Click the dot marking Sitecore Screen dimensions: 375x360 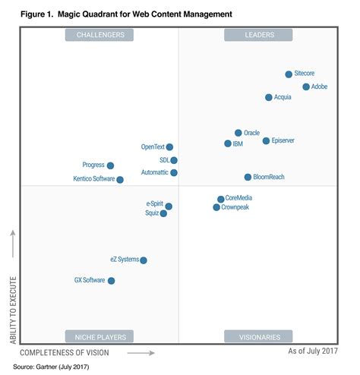tap(289, 74)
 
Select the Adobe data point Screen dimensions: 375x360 tap(306, 87)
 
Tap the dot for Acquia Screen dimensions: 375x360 tap(269, 97)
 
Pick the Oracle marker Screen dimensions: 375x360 tap(238, 133)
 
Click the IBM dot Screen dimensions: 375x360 tap(228, 143)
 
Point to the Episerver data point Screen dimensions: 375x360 tap(266, 140)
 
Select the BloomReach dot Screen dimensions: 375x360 tap(248, 177)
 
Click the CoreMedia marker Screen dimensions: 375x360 tap(221, 199)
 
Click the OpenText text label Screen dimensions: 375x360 tap(153, 147)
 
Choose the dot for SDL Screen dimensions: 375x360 tap(174, 160)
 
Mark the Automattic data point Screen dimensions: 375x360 tap(174, 173)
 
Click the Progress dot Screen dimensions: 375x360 tap(111, 165)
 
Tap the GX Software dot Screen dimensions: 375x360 tap(112, 281)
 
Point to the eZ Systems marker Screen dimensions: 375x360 tap(144, 260)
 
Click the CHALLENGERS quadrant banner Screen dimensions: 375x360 tap(99, 34)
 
